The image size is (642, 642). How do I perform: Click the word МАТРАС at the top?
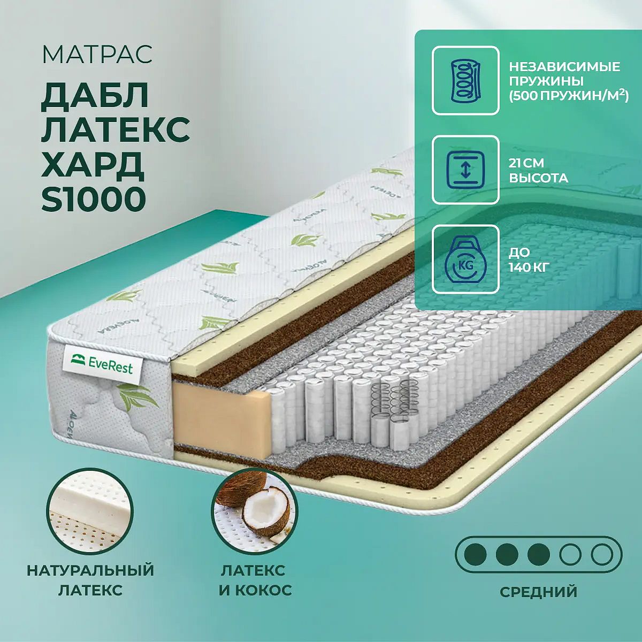[97, 55]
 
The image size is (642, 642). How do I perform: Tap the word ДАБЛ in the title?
[95, 96]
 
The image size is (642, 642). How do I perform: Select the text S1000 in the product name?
[94, 200]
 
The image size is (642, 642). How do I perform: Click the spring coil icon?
[465, 81]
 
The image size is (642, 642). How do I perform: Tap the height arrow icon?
[465, 170]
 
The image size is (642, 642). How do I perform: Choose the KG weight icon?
[465, 259]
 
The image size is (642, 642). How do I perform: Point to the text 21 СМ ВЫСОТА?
[538, 170]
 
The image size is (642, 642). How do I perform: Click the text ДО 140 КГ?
[529, 260]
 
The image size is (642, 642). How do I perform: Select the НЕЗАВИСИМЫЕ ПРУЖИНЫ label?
[565, 74]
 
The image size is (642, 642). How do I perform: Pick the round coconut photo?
[255, 511]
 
